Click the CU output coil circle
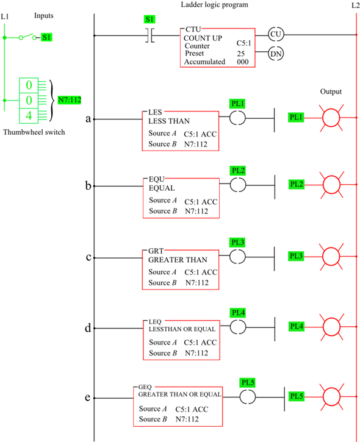point(277,35)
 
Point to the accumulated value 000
point(242,62)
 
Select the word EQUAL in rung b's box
point(162,188)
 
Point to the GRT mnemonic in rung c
point(157,251)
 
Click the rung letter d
point(88,328)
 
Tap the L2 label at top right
point(355,5)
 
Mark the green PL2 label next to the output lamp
point(297,184)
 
